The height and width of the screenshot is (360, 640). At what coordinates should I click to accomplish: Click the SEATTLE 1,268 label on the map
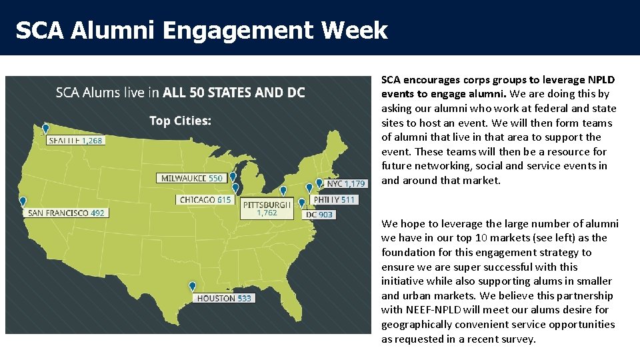(x=76, y=141)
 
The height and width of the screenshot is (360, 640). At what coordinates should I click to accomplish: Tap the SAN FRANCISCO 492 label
(x=65, y=213)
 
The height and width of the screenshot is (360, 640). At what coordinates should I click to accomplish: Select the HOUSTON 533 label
(x=224, y=298)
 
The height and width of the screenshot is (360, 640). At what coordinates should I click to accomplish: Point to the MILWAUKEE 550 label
(x=192, y=178)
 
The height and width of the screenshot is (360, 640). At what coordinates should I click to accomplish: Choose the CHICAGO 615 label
(x=205, y=199)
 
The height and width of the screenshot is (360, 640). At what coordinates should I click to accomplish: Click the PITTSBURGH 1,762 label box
(x=267, y=208)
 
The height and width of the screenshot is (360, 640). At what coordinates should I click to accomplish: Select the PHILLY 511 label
(x=335, y=199)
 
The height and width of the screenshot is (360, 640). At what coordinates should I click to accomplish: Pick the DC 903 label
(x=319, y=215)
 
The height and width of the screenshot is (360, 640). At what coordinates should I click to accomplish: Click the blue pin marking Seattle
(x=45, y=128)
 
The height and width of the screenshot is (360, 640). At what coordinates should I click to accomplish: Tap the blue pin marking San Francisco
(x=23, y=201)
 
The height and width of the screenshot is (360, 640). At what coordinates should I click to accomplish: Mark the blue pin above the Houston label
(x=193, y=286)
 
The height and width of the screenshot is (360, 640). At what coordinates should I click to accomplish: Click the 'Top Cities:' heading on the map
(x=180, y=121)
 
